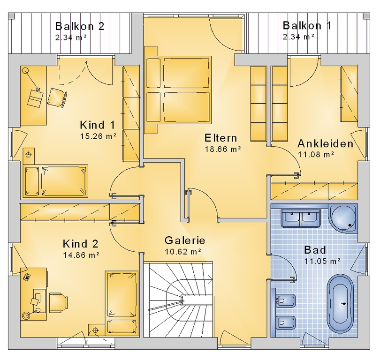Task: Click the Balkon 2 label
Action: (x=80, y=26)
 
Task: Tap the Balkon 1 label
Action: (x=307, y=26)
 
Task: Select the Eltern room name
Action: (x=221, y=138)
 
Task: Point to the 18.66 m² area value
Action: (x=223, y=149)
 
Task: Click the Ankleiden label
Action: (x=325, y=143)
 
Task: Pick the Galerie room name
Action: (x=185, y=240)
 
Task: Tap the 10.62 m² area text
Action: (x=183, y=252)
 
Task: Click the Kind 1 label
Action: (x=98, y=125)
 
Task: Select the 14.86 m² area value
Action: (x=81, y=255)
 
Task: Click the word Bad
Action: (x=315, y=250)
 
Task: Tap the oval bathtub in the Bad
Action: (x=340, y=305)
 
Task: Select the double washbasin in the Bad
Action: (x=301, y=218)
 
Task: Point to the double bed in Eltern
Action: (x=178, y=90)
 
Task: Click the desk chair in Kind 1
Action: (x=57, y=97)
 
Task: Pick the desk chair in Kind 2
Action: (x=58, y=303)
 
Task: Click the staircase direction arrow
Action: (x=210, y=280)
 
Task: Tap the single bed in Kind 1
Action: (x=56, y=180)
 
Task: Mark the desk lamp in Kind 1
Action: (x=31, y=80)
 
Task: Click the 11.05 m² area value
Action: (x=322, y=261)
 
